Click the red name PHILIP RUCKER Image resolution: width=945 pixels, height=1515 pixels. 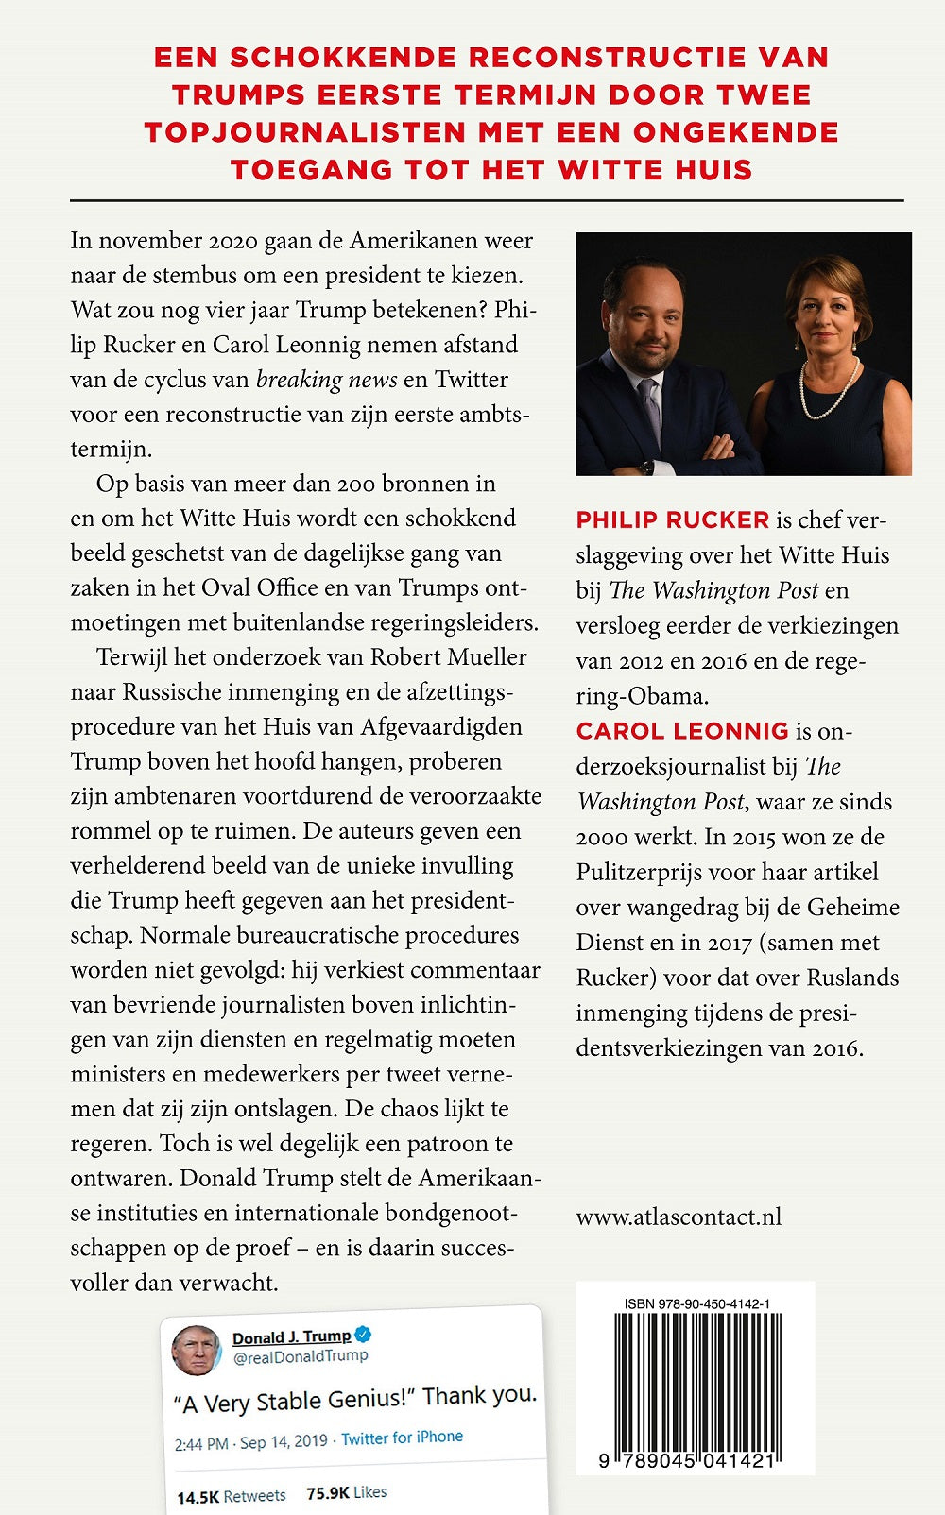[673, 520]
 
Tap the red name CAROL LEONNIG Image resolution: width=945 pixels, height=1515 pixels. [682, 731]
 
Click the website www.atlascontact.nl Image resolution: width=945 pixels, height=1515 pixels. [679, 1217]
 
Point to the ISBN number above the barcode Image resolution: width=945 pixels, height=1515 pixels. [696, 1304]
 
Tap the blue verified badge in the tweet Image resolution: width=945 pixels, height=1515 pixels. [363, 1335]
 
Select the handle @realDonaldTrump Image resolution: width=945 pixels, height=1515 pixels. [301, 1356]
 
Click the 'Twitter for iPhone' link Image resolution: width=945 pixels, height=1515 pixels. [402, 1438]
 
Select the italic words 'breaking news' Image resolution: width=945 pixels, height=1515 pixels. [327, 380]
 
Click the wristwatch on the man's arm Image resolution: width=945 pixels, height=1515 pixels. [645, 466]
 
